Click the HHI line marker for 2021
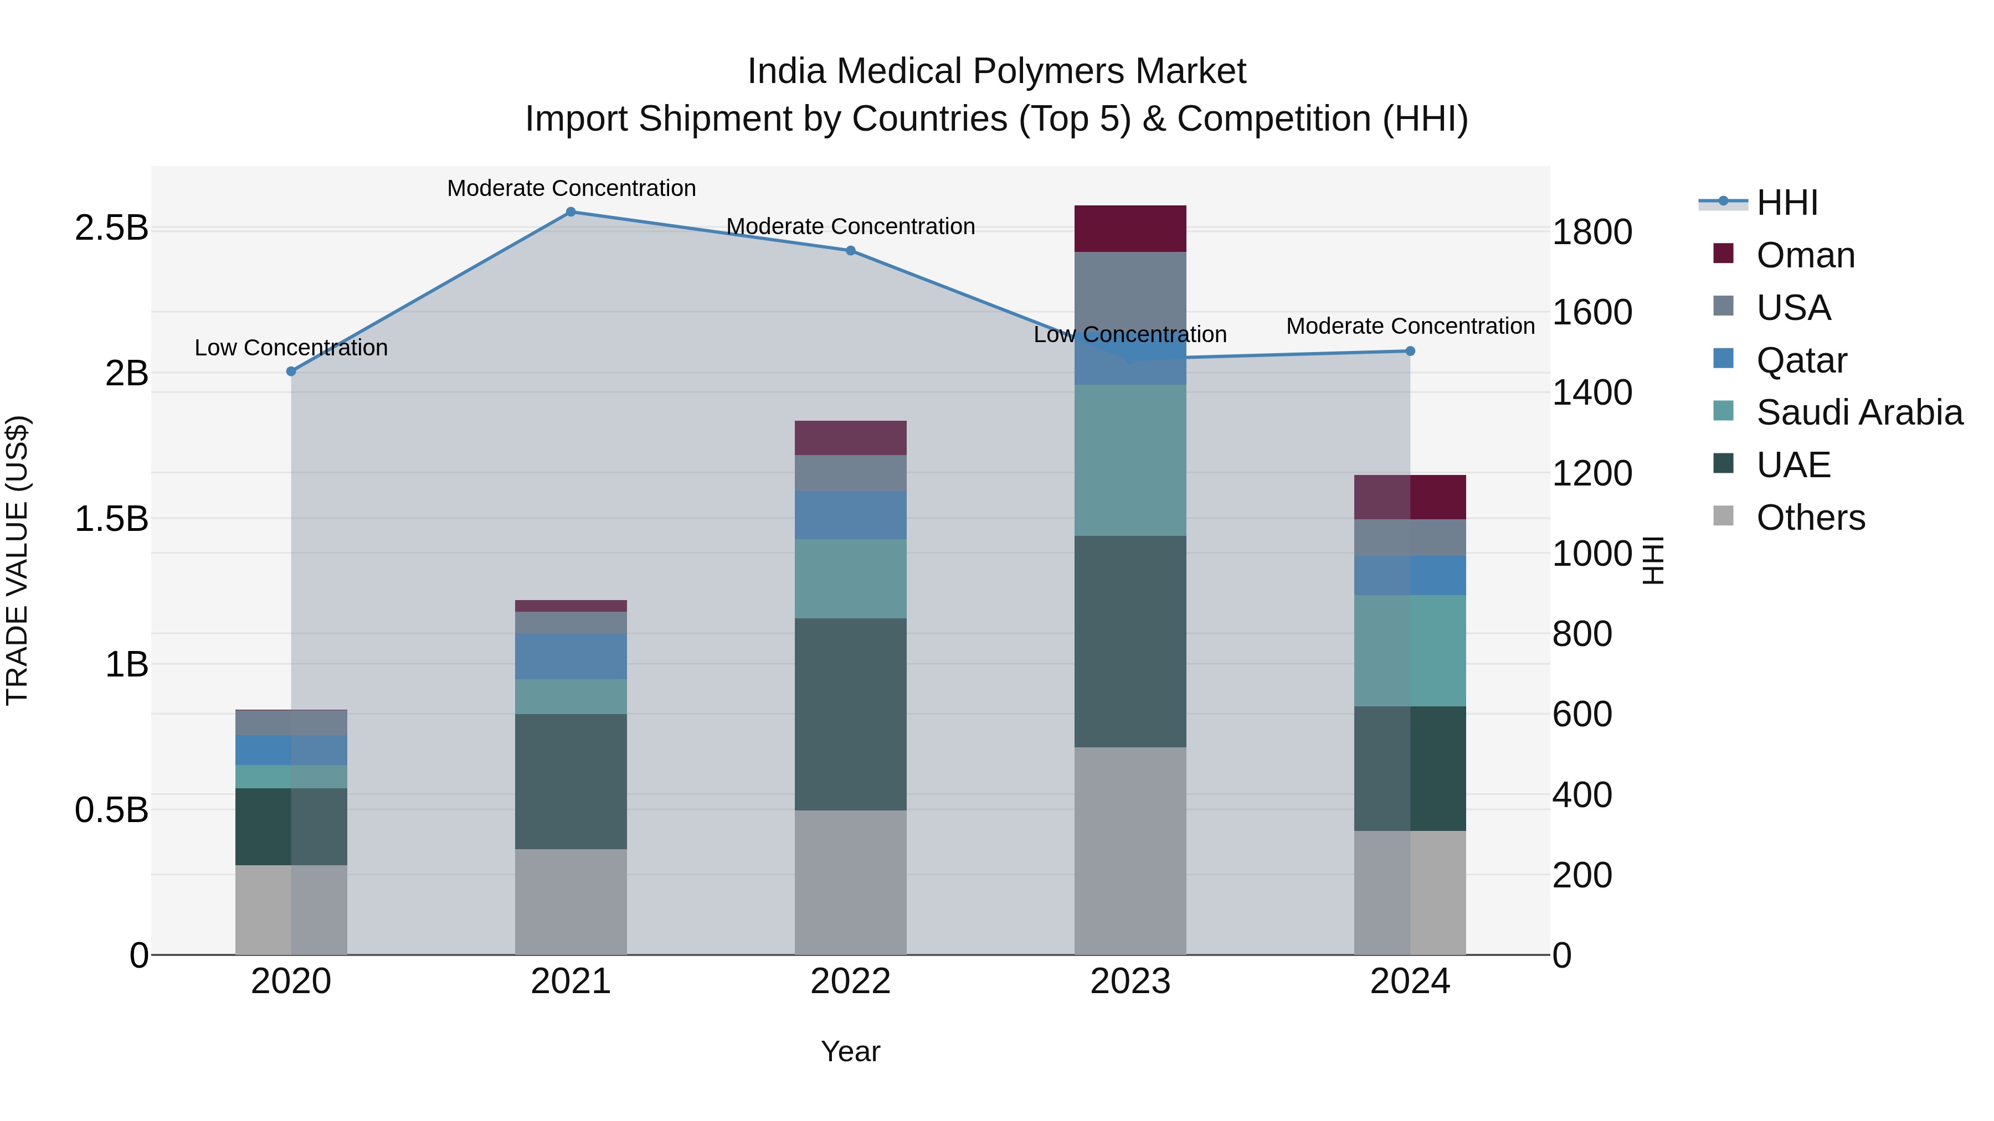(x=571, y=212)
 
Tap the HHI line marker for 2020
(x=291, y=371)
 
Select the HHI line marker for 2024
(x=1410, y=351)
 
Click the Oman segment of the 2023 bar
(x=1130, y=229)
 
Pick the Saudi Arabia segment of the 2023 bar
(x=1130, y=461)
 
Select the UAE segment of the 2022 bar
(x=850, y=714)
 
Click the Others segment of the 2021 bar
(x=571, y=902)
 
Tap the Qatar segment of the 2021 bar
(x=571, y=657)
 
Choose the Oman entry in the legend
(x=1805, y=255)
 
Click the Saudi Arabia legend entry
(x=1859, y=412)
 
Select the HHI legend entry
(x=1786, y=203)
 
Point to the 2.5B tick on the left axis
(x=111, y=228)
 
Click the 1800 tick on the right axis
(x=1593, y=232)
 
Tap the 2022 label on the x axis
(x=850, y=981)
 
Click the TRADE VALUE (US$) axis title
(x=17, y=560)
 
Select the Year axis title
(x=850, y=1051)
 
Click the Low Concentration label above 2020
(x=291, y=348)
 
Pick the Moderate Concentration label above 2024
(x=1410, y=327)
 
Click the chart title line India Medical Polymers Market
(x=996, y=71)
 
